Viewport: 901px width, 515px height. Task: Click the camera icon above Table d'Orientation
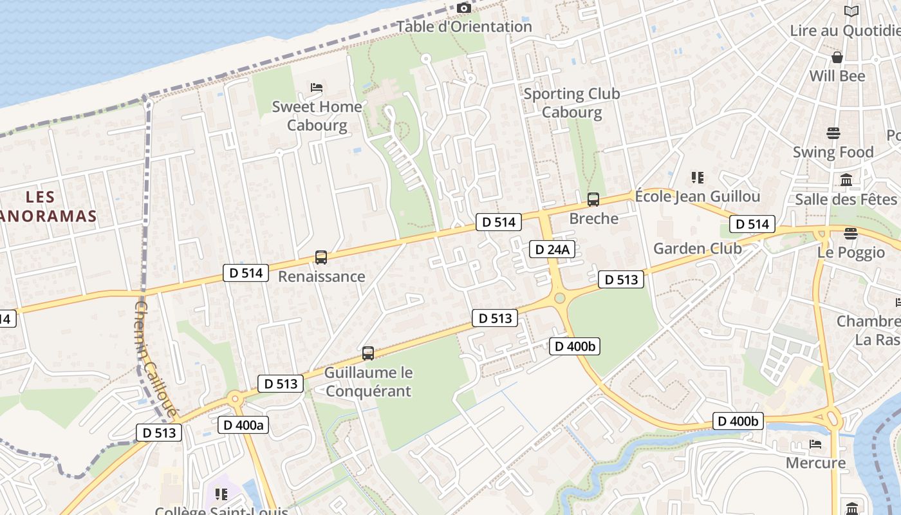[464, 8]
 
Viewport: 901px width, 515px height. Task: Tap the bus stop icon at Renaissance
[321, 257]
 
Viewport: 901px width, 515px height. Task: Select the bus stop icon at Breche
[593, 200]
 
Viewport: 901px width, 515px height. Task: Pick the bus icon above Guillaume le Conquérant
[368, 353]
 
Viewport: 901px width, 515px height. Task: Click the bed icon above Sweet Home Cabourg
[316, 87]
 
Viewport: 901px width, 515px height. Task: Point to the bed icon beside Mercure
[815, 444]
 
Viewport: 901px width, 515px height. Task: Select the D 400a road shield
[243, 425]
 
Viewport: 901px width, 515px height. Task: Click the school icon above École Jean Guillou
[697, 177]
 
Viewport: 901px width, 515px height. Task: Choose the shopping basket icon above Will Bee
[837, 57]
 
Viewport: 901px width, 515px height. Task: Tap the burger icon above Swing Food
[833, 133]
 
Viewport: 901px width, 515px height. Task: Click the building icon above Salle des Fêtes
[846, 180]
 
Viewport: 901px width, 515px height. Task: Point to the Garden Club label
[698, 248]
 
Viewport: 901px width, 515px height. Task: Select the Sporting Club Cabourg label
[571, 103]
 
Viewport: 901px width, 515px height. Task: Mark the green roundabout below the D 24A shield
[559, 297]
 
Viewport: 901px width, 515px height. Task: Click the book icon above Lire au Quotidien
[851, 11]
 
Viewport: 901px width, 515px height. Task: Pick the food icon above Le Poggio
[851, 233]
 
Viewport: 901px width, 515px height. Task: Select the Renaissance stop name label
[321, 277]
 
